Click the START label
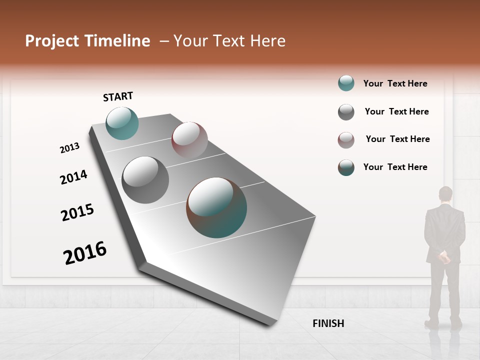pos(118,96)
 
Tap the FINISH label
pos(328,323)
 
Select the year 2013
pos(69,148)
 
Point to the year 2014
pos(73,177)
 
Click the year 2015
pos(77,212)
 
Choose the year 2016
pos(85,252)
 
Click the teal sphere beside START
pos(122,123)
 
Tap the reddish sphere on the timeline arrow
pos(189,139)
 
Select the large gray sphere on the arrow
pos(145,180)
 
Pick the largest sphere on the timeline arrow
pos(216,207)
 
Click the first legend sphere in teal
pos(346,83)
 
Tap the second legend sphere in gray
pos(346,112)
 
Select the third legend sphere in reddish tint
pos(346,140)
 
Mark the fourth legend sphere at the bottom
pos(346,167)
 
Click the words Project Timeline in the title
pos(87,41)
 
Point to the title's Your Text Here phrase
pos(229,41)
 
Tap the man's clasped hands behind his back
pos(444,257)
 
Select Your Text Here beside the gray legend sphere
pos(396,111)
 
